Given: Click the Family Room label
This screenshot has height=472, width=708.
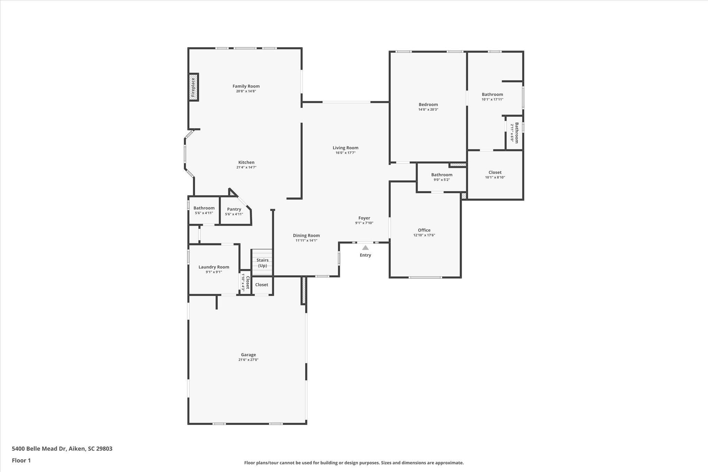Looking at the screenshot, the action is [x=246, y=86].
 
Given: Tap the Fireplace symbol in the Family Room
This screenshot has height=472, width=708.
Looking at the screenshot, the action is [x=193, y=87].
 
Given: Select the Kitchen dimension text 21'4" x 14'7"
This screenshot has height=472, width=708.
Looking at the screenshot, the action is [x=246, y=167].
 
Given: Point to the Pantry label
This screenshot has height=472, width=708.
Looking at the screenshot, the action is [x=234, y=209].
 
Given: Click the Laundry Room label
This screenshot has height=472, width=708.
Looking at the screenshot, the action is [x=214, y=267].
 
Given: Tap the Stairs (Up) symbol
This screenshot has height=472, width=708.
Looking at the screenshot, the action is [x=262, y=262].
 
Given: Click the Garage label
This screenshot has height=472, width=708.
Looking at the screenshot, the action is [x=248, y=354].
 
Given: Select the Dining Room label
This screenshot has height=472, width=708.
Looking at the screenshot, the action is [x=306, y=235].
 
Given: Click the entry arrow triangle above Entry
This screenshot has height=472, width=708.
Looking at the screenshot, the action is [x=365, y=248].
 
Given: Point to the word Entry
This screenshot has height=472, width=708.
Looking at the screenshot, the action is [x=365, y=255].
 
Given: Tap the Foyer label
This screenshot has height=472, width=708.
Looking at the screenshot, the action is [x=364, y=218].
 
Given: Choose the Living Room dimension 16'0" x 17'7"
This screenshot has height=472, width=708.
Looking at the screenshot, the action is [x=345, y=153].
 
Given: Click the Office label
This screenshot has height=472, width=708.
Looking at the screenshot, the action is [x=424, y=230].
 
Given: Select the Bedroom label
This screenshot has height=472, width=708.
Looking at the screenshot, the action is [x=428, y=104].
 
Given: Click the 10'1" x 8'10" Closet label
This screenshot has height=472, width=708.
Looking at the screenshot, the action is [x=495, y=172].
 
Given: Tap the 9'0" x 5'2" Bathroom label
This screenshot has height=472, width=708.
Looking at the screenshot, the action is [x=442, y=175].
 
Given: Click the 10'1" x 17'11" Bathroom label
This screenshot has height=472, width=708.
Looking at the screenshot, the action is [x=492, y=94].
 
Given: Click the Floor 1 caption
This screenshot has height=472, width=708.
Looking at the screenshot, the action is [x=21, y=460].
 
